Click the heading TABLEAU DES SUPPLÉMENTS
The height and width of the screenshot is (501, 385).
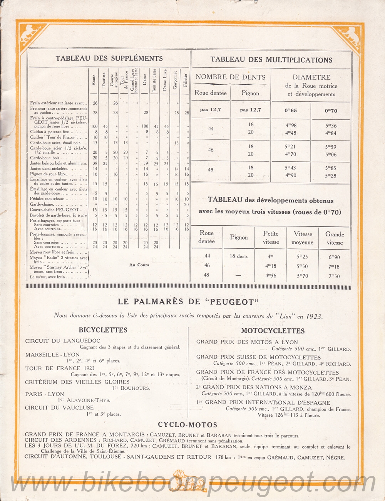click(109, 59)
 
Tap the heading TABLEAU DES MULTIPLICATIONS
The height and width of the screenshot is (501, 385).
click(271, 60)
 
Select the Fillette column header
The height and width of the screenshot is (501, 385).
click(186, 80)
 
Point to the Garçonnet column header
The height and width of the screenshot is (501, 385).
click(176, 80)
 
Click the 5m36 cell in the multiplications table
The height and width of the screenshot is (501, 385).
click(331, 126)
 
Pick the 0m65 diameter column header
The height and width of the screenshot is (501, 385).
click(291, 111)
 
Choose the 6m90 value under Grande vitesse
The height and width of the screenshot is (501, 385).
click(334, 257)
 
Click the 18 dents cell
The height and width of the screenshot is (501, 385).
click(239, 256)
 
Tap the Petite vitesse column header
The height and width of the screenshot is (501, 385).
click(271, 238)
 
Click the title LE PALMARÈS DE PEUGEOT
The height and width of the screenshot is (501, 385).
click(188, 302)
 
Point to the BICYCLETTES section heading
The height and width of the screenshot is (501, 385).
click(103, 330)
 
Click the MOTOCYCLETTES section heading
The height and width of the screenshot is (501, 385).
click(273, 331)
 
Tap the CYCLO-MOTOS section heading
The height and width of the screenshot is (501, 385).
click(187, 425)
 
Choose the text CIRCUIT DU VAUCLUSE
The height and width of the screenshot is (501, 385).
click(59, 407)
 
